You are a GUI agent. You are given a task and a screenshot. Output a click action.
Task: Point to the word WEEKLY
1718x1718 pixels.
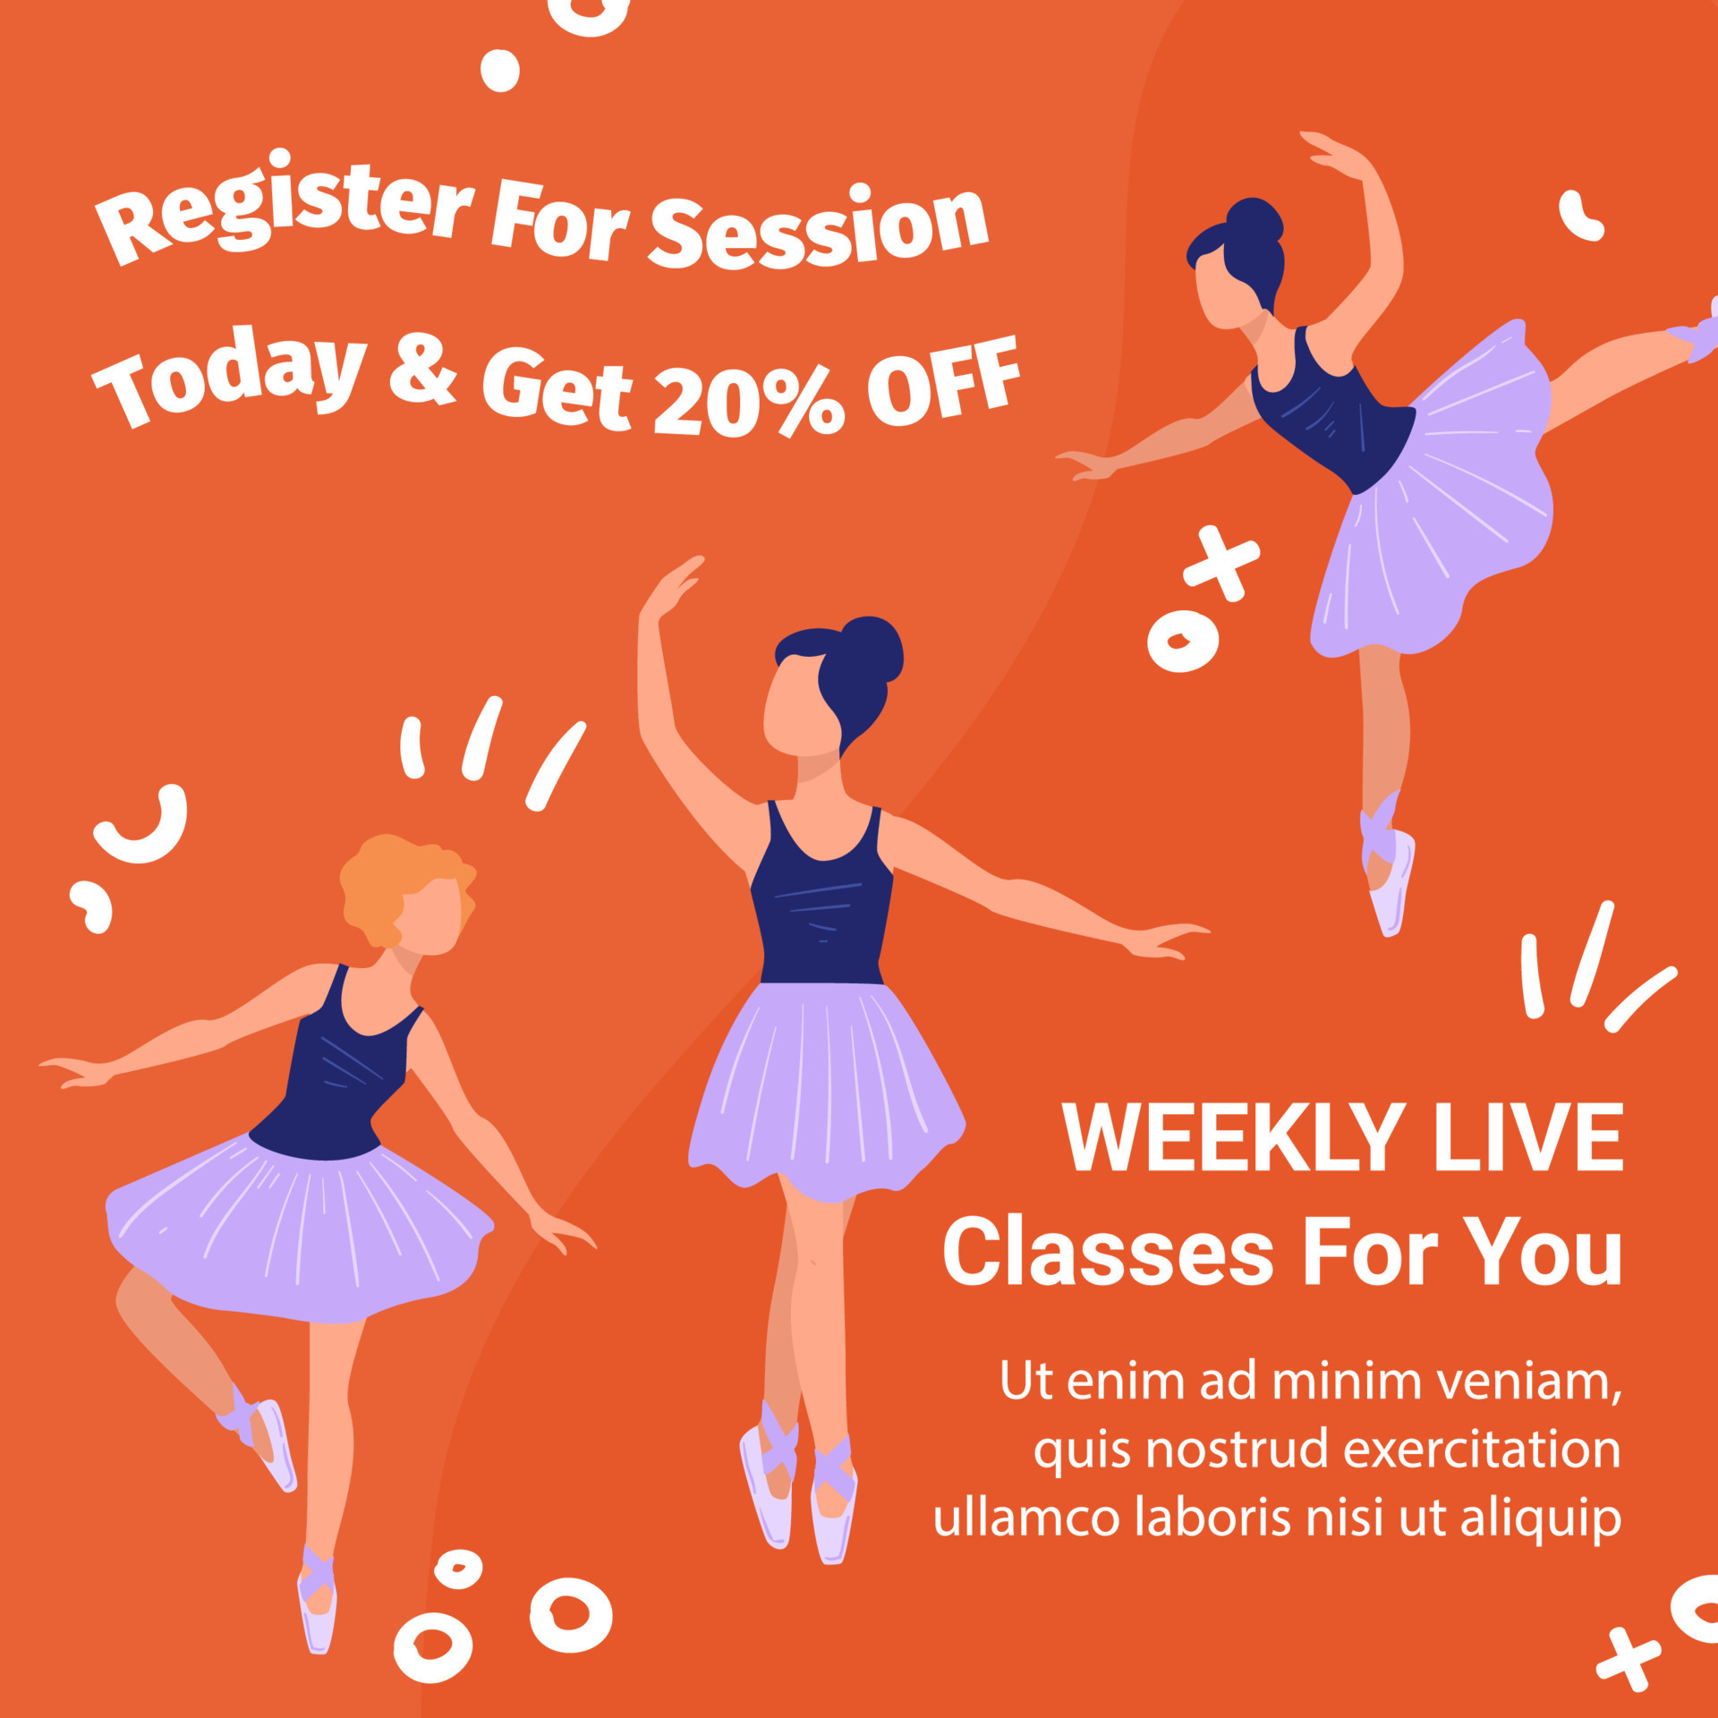[x=1233, y=1136]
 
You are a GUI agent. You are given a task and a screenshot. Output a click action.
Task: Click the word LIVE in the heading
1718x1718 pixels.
[x=1528, y=1136]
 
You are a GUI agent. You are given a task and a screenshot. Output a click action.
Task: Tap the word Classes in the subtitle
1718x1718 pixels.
[x=1108, y=1251]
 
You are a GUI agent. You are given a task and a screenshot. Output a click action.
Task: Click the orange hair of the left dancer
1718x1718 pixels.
[x=394, y=886]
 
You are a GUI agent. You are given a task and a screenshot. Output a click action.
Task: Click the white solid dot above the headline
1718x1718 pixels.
[x=499, y=71]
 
